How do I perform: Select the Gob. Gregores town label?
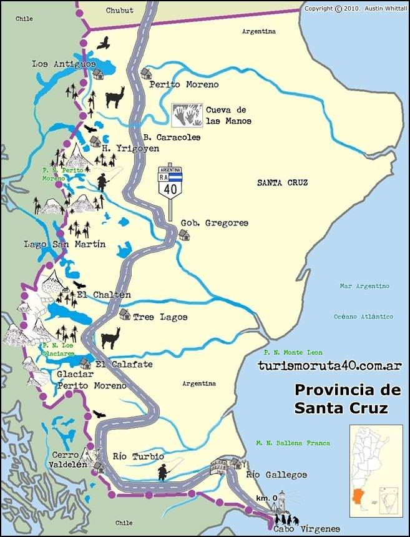coord(215,223)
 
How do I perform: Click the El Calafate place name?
coord(124,365)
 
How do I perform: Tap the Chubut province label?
coord(120,10)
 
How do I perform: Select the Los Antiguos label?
coord(64,64)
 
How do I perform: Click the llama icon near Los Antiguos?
coord(115,97)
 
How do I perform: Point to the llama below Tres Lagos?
coord(110,339)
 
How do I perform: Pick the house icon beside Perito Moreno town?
coord(146,74)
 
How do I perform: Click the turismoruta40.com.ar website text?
coord(329,366)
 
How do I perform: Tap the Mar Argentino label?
coord(364,286)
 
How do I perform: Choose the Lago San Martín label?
coord(64,244)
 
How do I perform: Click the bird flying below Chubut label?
coord(104,42)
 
